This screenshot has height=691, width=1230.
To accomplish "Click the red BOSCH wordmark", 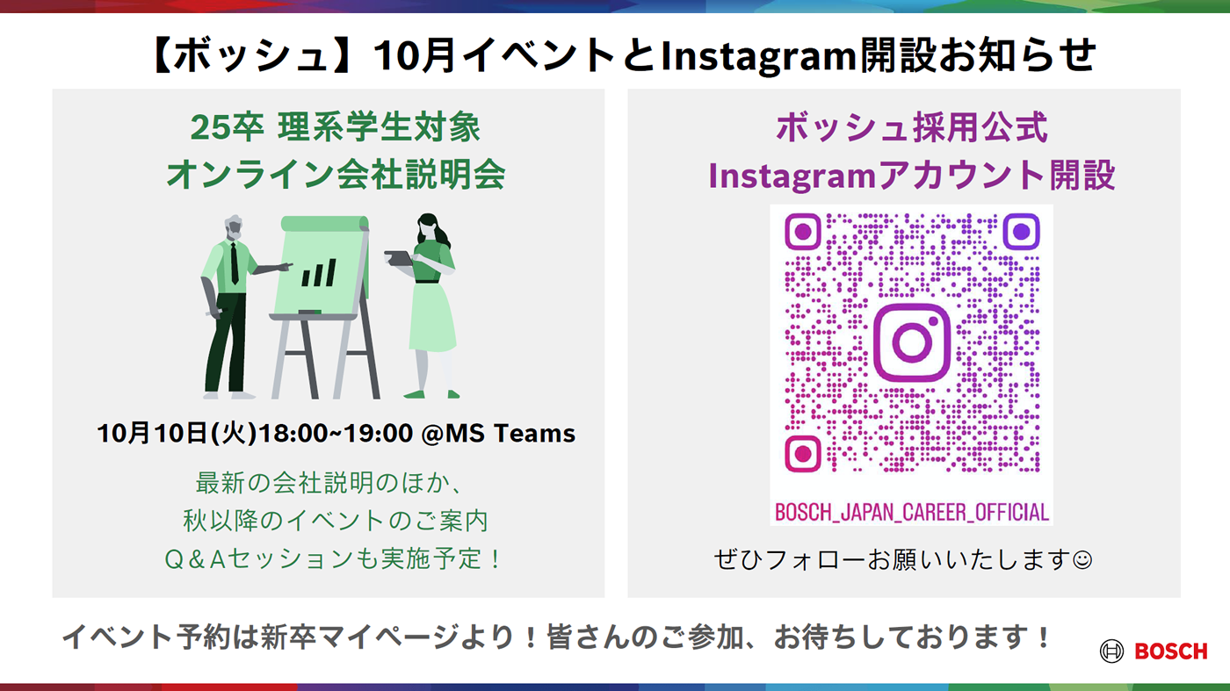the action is (1170, 651).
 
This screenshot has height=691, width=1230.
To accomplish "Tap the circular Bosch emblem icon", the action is (1112, 651).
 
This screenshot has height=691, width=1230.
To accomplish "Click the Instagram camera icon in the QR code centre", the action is (912, 342).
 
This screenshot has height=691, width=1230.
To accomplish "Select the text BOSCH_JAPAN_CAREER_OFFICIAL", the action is (912, 512).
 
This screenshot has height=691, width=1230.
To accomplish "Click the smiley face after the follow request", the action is (1082, 560).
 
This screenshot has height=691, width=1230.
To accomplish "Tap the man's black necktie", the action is (235, 263).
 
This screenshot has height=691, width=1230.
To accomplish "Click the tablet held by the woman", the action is (399, 258).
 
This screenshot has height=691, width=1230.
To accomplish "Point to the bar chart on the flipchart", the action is (319, 273).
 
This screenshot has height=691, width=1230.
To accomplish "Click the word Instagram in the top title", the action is (758, 56).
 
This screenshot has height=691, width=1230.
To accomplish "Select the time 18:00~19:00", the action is (336, 433).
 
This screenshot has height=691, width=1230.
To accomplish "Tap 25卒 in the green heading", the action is (228, 127).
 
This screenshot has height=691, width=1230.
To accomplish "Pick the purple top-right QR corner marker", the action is (1021, 232).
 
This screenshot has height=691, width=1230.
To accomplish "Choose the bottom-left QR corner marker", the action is (803, 454).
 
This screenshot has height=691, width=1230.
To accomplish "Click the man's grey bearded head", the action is (234, 227).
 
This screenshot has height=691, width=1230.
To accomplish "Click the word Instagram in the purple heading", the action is (792, 176).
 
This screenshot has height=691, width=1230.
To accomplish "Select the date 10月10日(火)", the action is (177, 433).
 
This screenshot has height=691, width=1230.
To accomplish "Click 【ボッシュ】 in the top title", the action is (250, 56).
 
